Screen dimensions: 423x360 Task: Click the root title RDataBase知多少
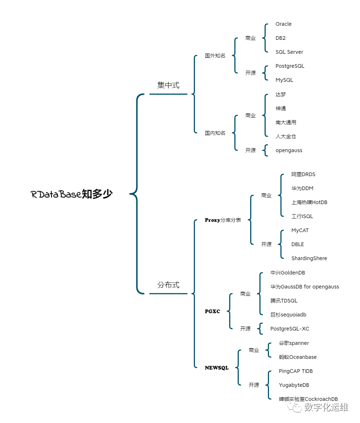tap(71, 194)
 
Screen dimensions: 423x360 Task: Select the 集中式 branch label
tap(168, 85)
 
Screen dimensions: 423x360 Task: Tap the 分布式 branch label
tap(168, 285)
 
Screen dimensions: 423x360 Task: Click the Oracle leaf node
tap(283, 24)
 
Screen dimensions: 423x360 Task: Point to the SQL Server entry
tap(289, 52)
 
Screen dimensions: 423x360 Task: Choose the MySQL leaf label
tap(284, 80)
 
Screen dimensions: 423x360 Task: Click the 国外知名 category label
tap(215, 56)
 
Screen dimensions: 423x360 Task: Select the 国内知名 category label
tap(215, 133)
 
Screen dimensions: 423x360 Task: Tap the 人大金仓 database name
tap(286, 136)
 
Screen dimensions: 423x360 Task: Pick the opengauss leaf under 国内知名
tap(289, 150)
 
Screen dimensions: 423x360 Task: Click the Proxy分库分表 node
tap(223, 220)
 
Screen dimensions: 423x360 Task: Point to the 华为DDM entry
tap(302, 188)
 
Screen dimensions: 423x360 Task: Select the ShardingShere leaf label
tap(309, 258)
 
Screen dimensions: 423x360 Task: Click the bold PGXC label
tap(213, 311)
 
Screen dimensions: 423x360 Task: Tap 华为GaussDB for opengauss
tap(305, 287)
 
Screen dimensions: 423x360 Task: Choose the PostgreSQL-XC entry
tap(290, 329)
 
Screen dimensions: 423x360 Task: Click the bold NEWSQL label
tap(217, 368)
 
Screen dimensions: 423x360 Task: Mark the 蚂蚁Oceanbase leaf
tap(298, 357)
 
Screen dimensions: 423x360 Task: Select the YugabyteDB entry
tap(294, 385)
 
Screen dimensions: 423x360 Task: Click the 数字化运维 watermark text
tap(326, 407)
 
